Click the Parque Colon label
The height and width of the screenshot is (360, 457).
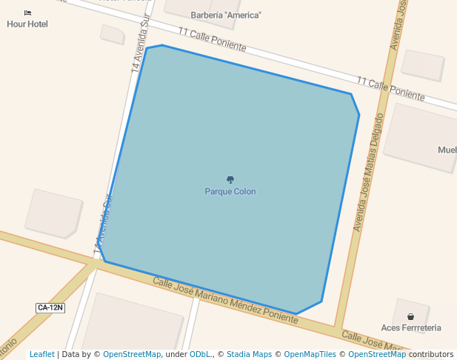coord(230,192)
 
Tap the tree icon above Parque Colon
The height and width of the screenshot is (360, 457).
coord(230,179)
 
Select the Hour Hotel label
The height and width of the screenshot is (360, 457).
coord(27,24)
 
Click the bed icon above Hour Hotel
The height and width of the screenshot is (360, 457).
coord(27,13)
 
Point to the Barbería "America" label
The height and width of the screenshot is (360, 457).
coord(226,15)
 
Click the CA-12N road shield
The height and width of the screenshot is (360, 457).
coord(50,307)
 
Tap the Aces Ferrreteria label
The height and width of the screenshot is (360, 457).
coord(411,327)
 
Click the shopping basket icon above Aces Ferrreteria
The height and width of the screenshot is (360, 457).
coord(410,316)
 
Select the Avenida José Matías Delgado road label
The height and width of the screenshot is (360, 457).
coord(370,173)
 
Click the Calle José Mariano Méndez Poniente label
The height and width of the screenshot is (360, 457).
coord(225,300)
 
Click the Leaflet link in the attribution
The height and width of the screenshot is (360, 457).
coord(42,354)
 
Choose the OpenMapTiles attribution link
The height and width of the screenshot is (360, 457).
coord(310,354)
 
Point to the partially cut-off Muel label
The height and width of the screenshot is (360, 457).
coord(447,150)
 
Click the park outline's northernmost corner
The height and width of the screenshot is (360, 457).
coord(161,45)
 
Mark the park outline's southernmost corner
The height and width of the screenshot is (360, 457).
coord(296,313)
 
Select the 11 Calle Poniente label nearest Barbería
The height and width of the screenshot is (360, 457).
coord(212,39)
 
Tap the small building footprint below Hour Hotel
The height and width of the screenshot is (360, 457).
coord(113,34)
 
